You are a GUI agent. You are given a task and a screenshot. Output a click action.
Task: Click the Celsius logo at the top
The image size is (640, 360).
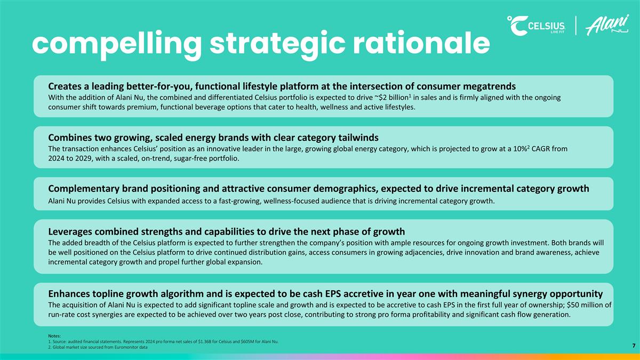[539, 26]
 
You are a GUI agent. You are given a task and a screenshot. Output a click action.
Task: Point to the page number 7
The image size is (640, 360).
[634, 346]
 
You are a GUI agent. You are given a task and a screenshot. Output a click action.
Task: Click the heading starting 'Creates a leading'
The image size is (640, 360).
[282, 86]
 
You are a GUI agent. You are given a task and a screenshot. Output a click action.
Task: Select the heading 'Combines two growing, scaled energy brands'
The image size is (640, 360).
[213, 138]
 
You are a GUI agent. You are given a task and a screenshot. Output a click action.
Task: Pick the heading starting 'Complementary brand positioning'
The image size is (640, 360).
[318, 188]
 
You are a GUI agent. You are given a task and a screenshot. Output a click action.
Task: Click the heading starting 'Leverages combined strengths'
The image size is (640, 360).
[226, 231]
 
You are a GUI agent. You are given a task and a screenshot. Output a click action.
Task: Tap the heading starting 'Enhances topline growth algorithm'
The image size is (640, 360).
[325, 293]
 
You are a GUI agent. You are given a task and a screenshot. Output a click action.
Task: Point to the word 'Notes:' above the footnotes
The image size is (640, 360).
[55, 335]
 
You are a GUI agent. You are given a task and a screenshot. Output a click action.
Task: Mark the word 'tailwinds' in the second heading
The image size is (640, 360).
[357, 138]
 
